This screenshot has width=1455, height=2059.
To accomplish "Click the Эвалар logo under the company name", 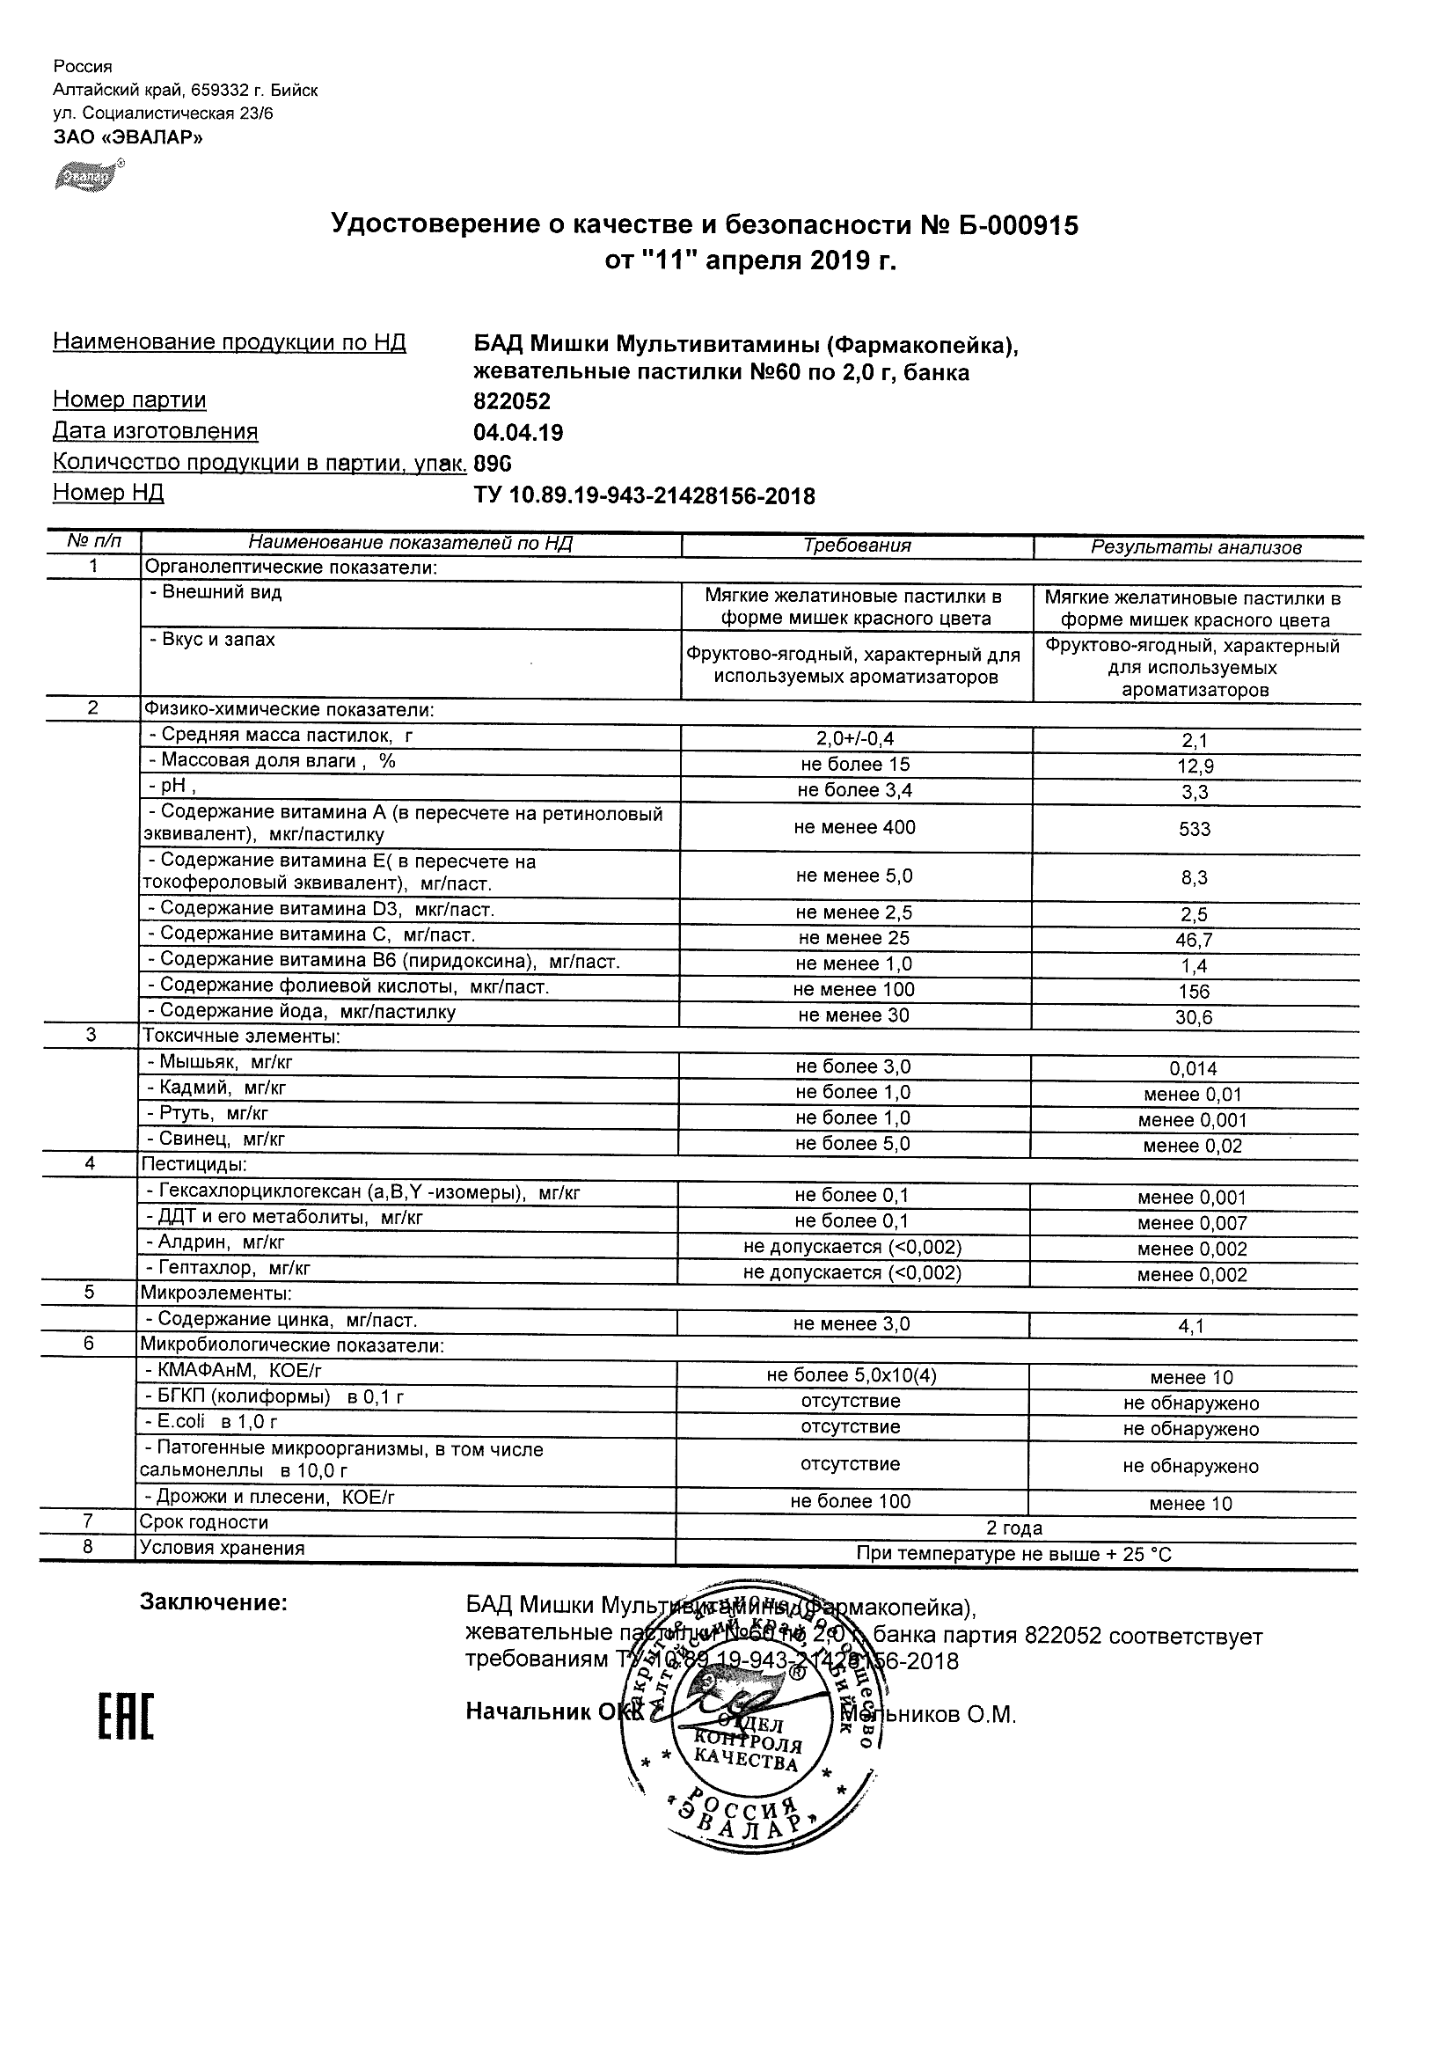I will tap(88, 177).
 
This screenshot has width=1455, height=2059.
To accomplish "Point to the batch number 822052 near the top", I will tap(512, 402).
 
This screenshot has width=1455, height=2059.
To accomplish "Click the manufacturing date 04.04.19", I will tap(518, 433).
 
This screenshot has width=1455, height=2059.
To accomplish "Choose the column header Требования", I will tap(856, 546).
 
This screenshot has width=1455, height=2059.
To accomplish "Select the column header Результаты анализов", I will tap(1195, 548).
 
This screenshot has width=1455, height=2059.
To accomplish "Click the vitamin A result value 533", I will tap(1194, 830).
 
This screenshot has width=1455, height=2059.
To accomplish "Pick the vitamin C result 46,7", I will tap(1195, 941).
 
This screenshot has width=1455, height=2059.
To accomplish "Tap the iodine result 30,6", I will tap(1194, 1018).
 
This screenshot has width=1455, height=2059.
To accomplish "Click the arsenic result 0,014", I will tap(1193, 1069).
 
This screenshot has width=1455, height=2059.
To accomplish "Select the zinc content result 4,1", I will tap(1191, 1326).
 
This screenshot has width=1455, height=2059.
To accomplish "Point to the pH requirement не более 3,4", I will tap(855, 790).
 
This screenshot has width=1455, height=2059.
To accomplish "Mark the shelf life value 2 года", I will tap(1014, 1528).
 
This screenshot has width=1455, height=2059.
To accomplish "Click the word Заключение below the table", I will tap(214, 1602).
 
